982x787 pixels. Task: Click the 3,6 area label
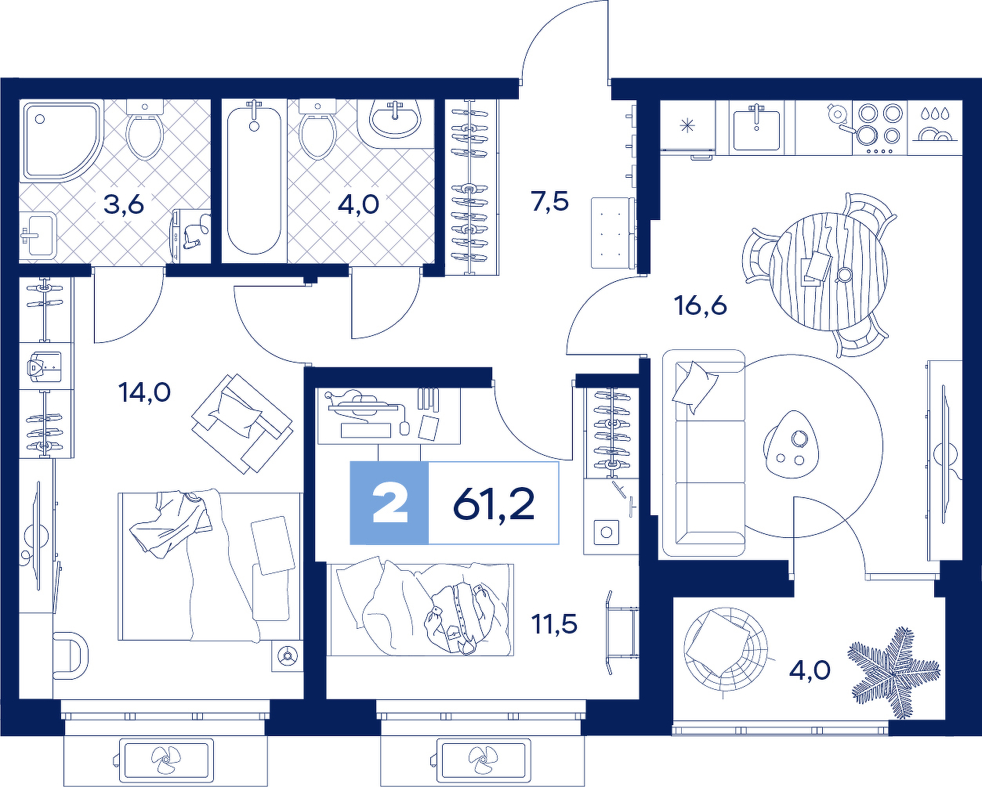coord(124,204)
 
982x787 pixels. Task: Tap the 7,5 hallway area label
coord(550,201)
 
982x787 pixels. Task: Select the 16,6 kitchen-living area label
coord(701,305)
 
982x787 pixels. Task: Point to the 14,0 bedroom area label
coord(144,392)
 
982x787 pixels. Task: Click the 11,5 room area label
coord(554,624)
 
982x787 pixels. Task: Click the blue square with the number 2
coord(390,503)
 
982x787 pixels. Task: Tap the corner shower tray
coord(62,141)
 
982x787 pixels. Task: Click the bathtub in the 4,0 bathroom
coord(254,180)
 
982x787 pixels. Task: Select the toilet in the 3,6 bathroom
coord(145,129)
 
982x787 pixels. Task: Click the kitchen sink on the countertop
coord(756,128)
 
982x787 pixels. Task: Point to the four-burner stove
coord(879,128)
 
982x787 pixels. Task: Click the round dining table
coord(828,272)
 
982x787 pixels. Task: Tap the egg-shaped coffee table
coord(792,444)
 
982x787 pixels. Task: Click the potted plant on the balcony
coord(893,672)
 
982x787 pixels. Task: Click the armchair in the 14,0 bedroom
coord(242,423)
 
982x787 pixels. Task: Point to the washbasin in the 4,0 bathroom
coord(396,119)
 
